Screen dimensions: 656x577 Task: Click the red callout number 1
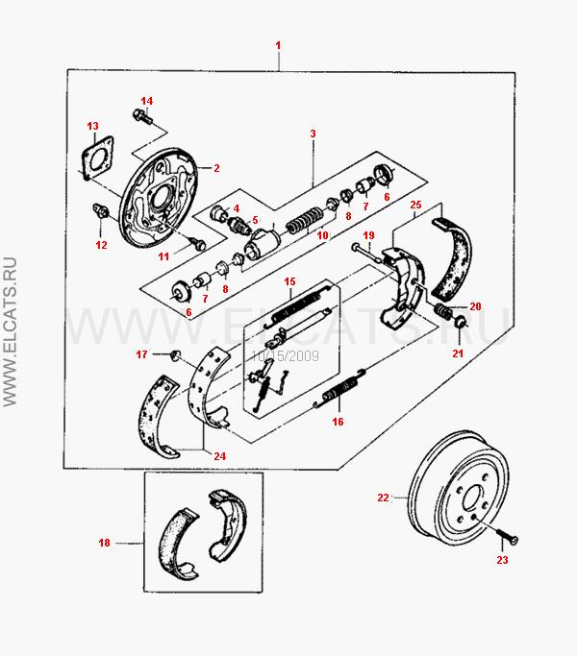click(278, 45)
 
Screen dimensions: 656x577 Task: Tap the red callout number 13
click(92, 126)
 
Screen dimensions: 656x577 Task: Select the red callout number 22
click(382, 498)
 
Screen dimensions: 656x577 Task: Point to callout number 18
click(105, 543)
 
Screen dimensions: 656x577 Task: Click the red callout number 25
click(415, 205)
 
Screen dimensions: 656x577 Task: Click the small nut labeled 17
click(176, 356)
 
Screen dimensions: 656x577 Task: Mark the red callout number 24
click(220, 455)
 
